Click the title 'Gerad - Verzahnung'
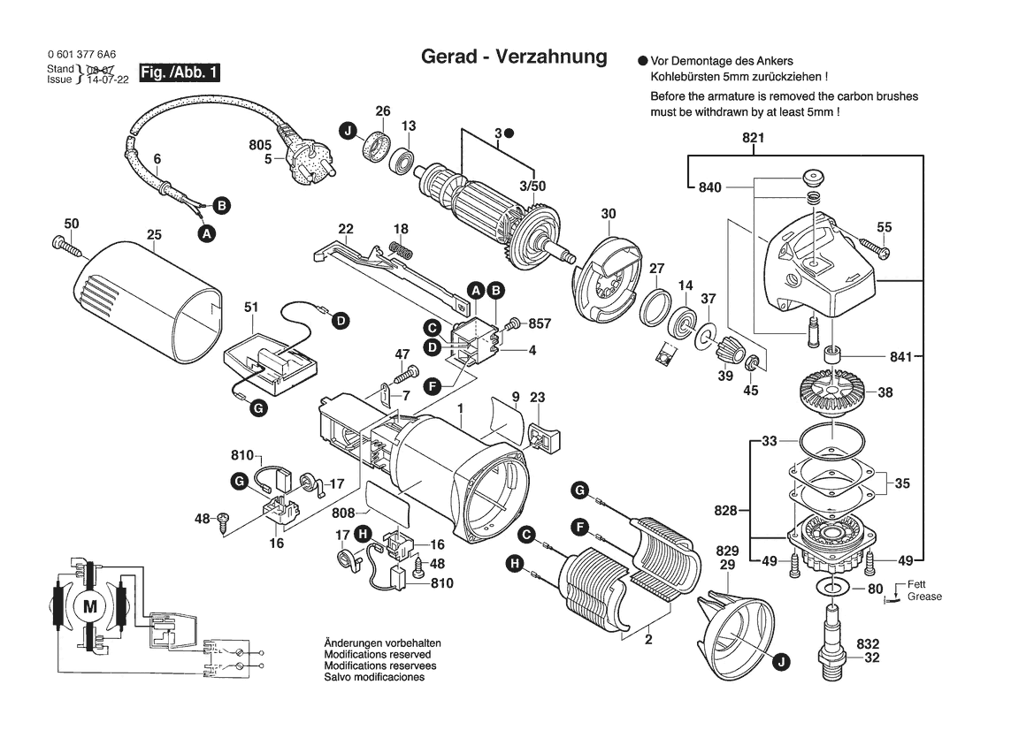point(513,57)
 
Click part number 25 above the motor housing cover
point(154,235)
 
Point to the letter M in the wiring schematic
point(88,606)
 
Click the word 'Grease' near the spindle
point(924,597)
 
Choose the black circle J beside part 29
point(778,661)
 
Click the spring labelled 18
point(401,248)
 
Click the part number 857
point(539,324)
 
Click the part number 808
point(344,513)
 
